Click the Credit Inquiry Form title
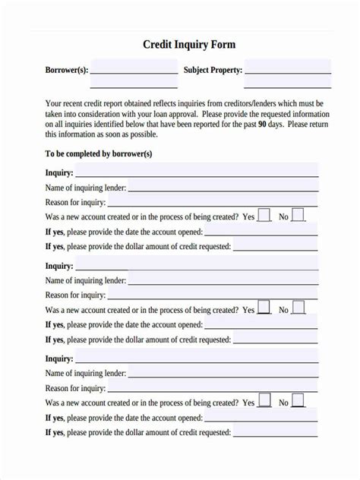[x=189, y=45]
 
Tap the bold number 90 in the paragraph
[x=262, y=123]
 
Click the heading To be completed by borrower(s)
[x=99, y=153]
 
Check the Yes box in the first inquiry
[x=264, y=215]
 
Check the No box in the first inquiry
[x=298, y=215]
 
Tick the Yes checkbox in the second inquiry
[x=264, y=308]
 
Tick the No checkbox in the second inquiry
[x=298, y=308]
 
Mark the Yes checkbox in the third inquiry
[x=264, y=400]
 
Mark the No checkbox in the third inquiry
[x=298, y=400]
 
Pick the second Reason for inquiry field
[x=213, y=294]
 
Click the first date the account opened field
[x=261, y=231]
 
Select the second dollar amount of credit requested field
[x=275, y=339]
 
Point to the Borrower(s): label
[x=67, y=70]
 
